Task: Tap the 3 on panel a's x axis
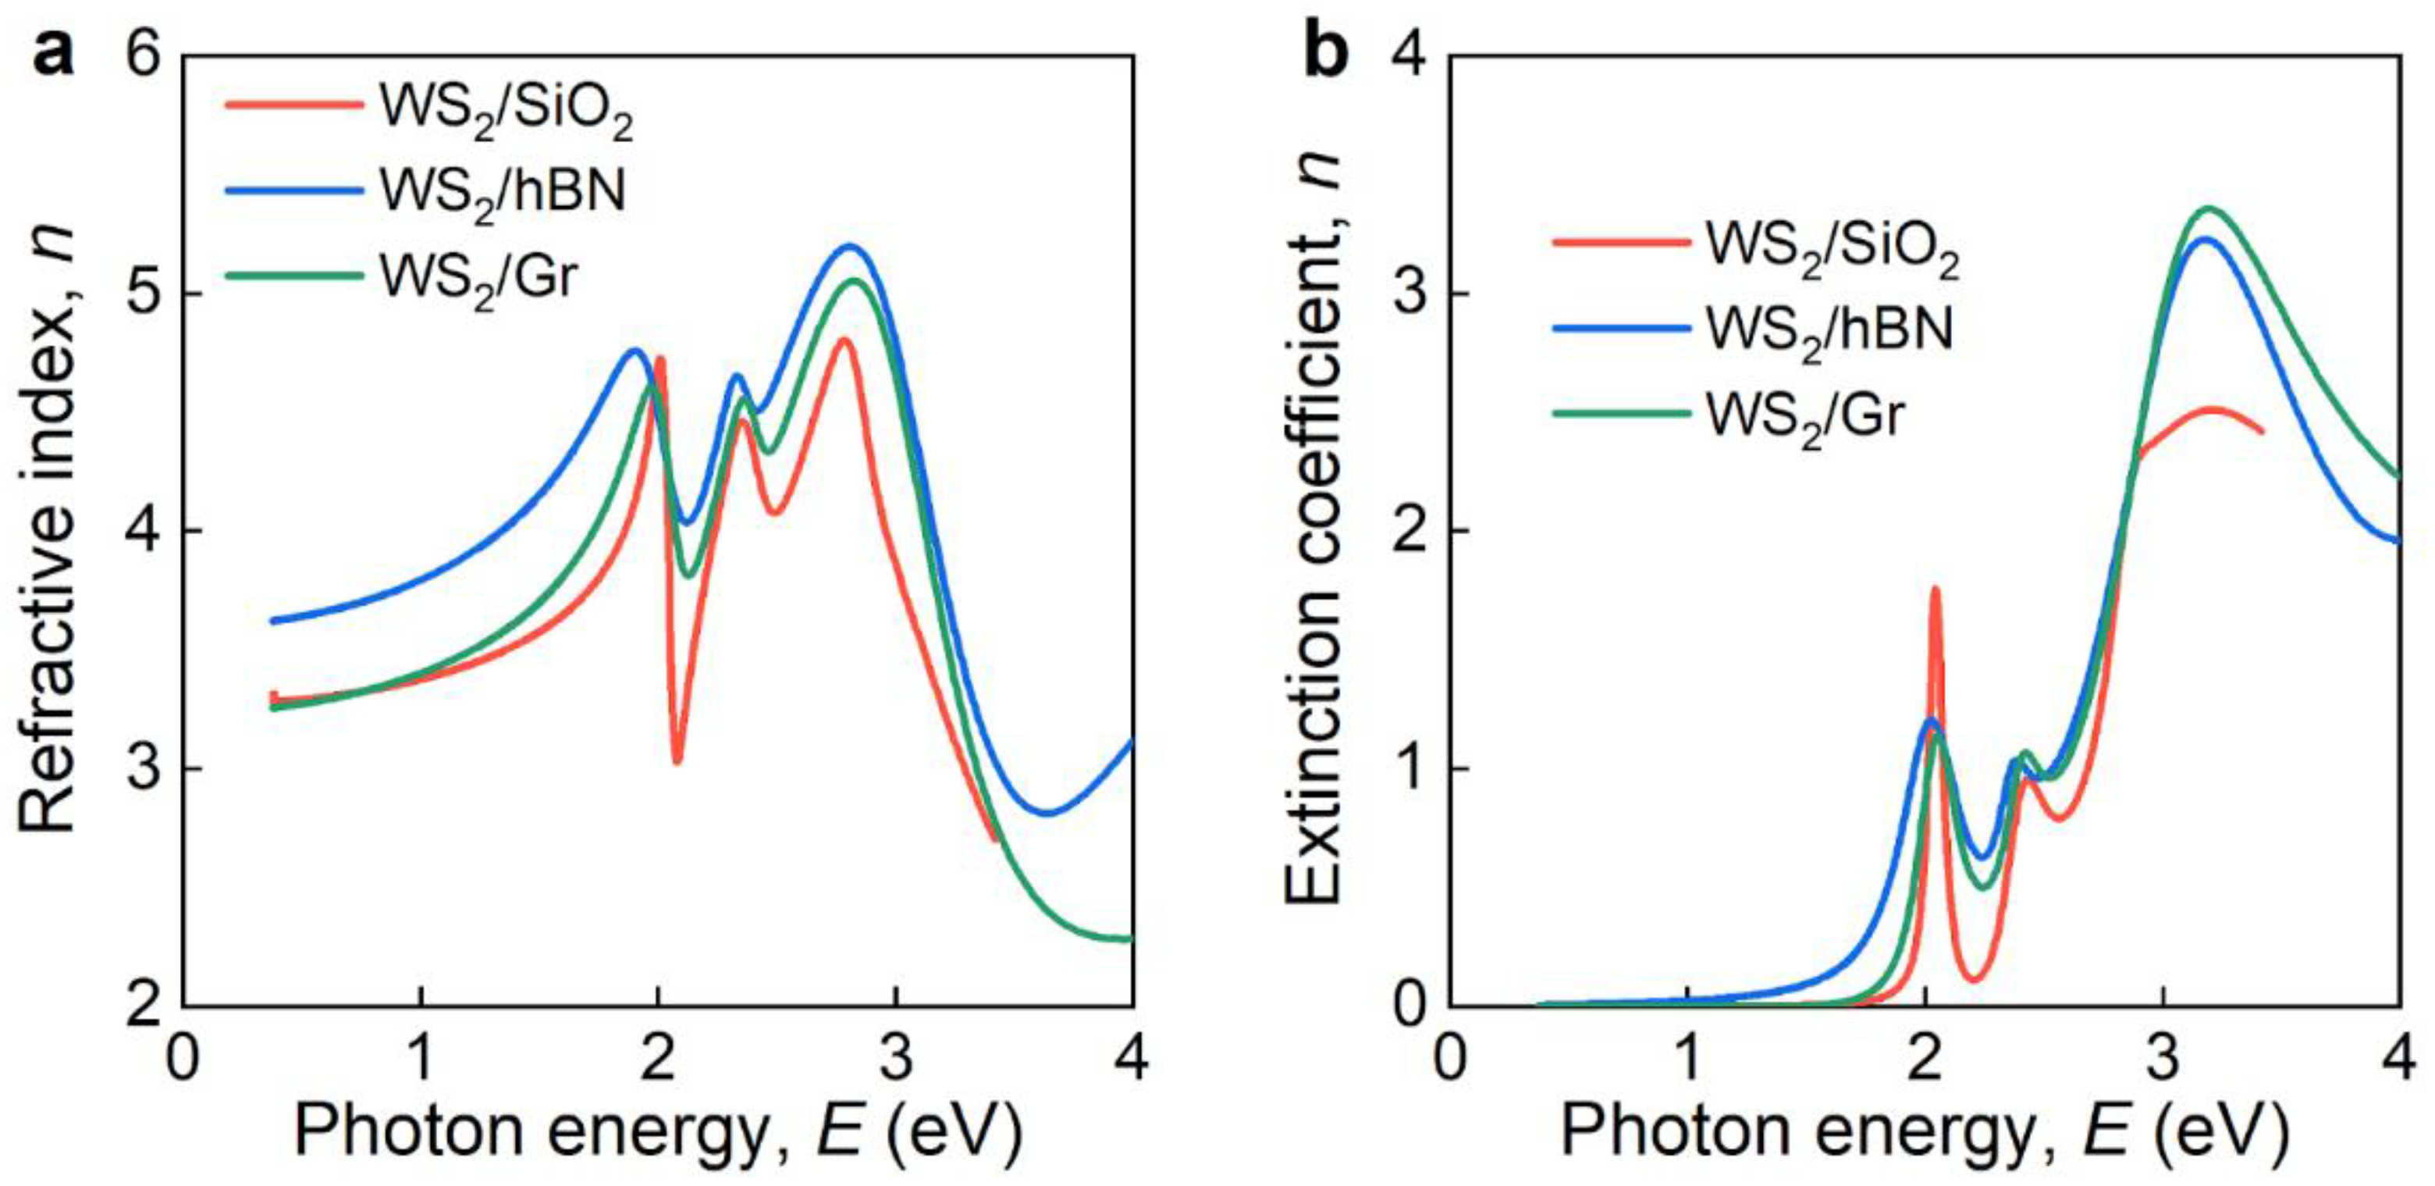(x=895, y=1057)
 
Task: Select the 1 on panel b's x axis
(x=1688, y=1057)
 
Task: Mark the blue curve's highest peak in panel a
(x=849, y=247)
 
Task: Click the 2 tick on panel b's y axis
(x=1411, y=532)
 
